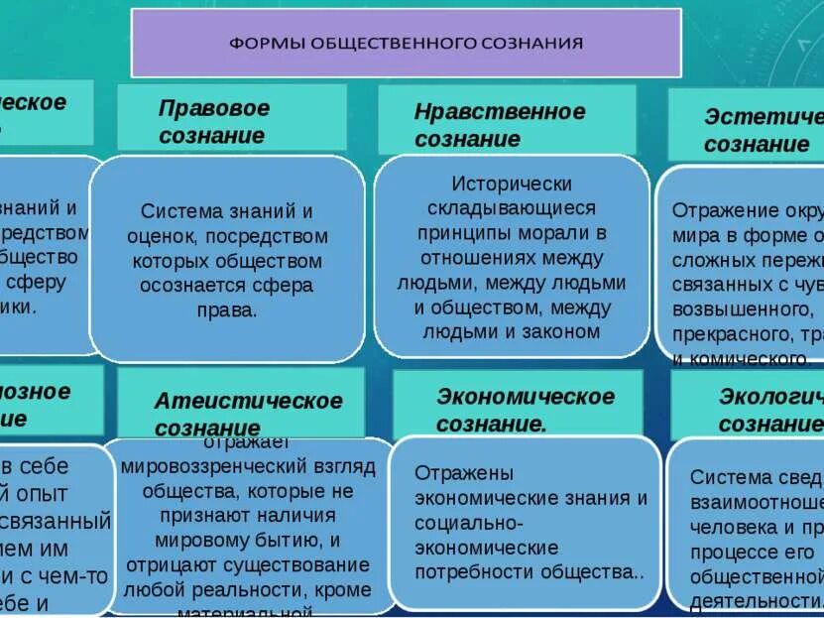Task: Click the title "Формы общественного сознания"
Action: [x=407, y=43]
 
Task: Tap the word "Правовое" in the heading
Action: [x=214, y=108]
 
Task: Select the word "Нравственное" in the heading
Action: [x=500, y=111]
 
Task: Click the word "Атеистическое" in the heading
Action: [x=248, y=401]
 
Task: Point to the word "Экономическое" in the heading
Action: [x=526, y=397]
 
